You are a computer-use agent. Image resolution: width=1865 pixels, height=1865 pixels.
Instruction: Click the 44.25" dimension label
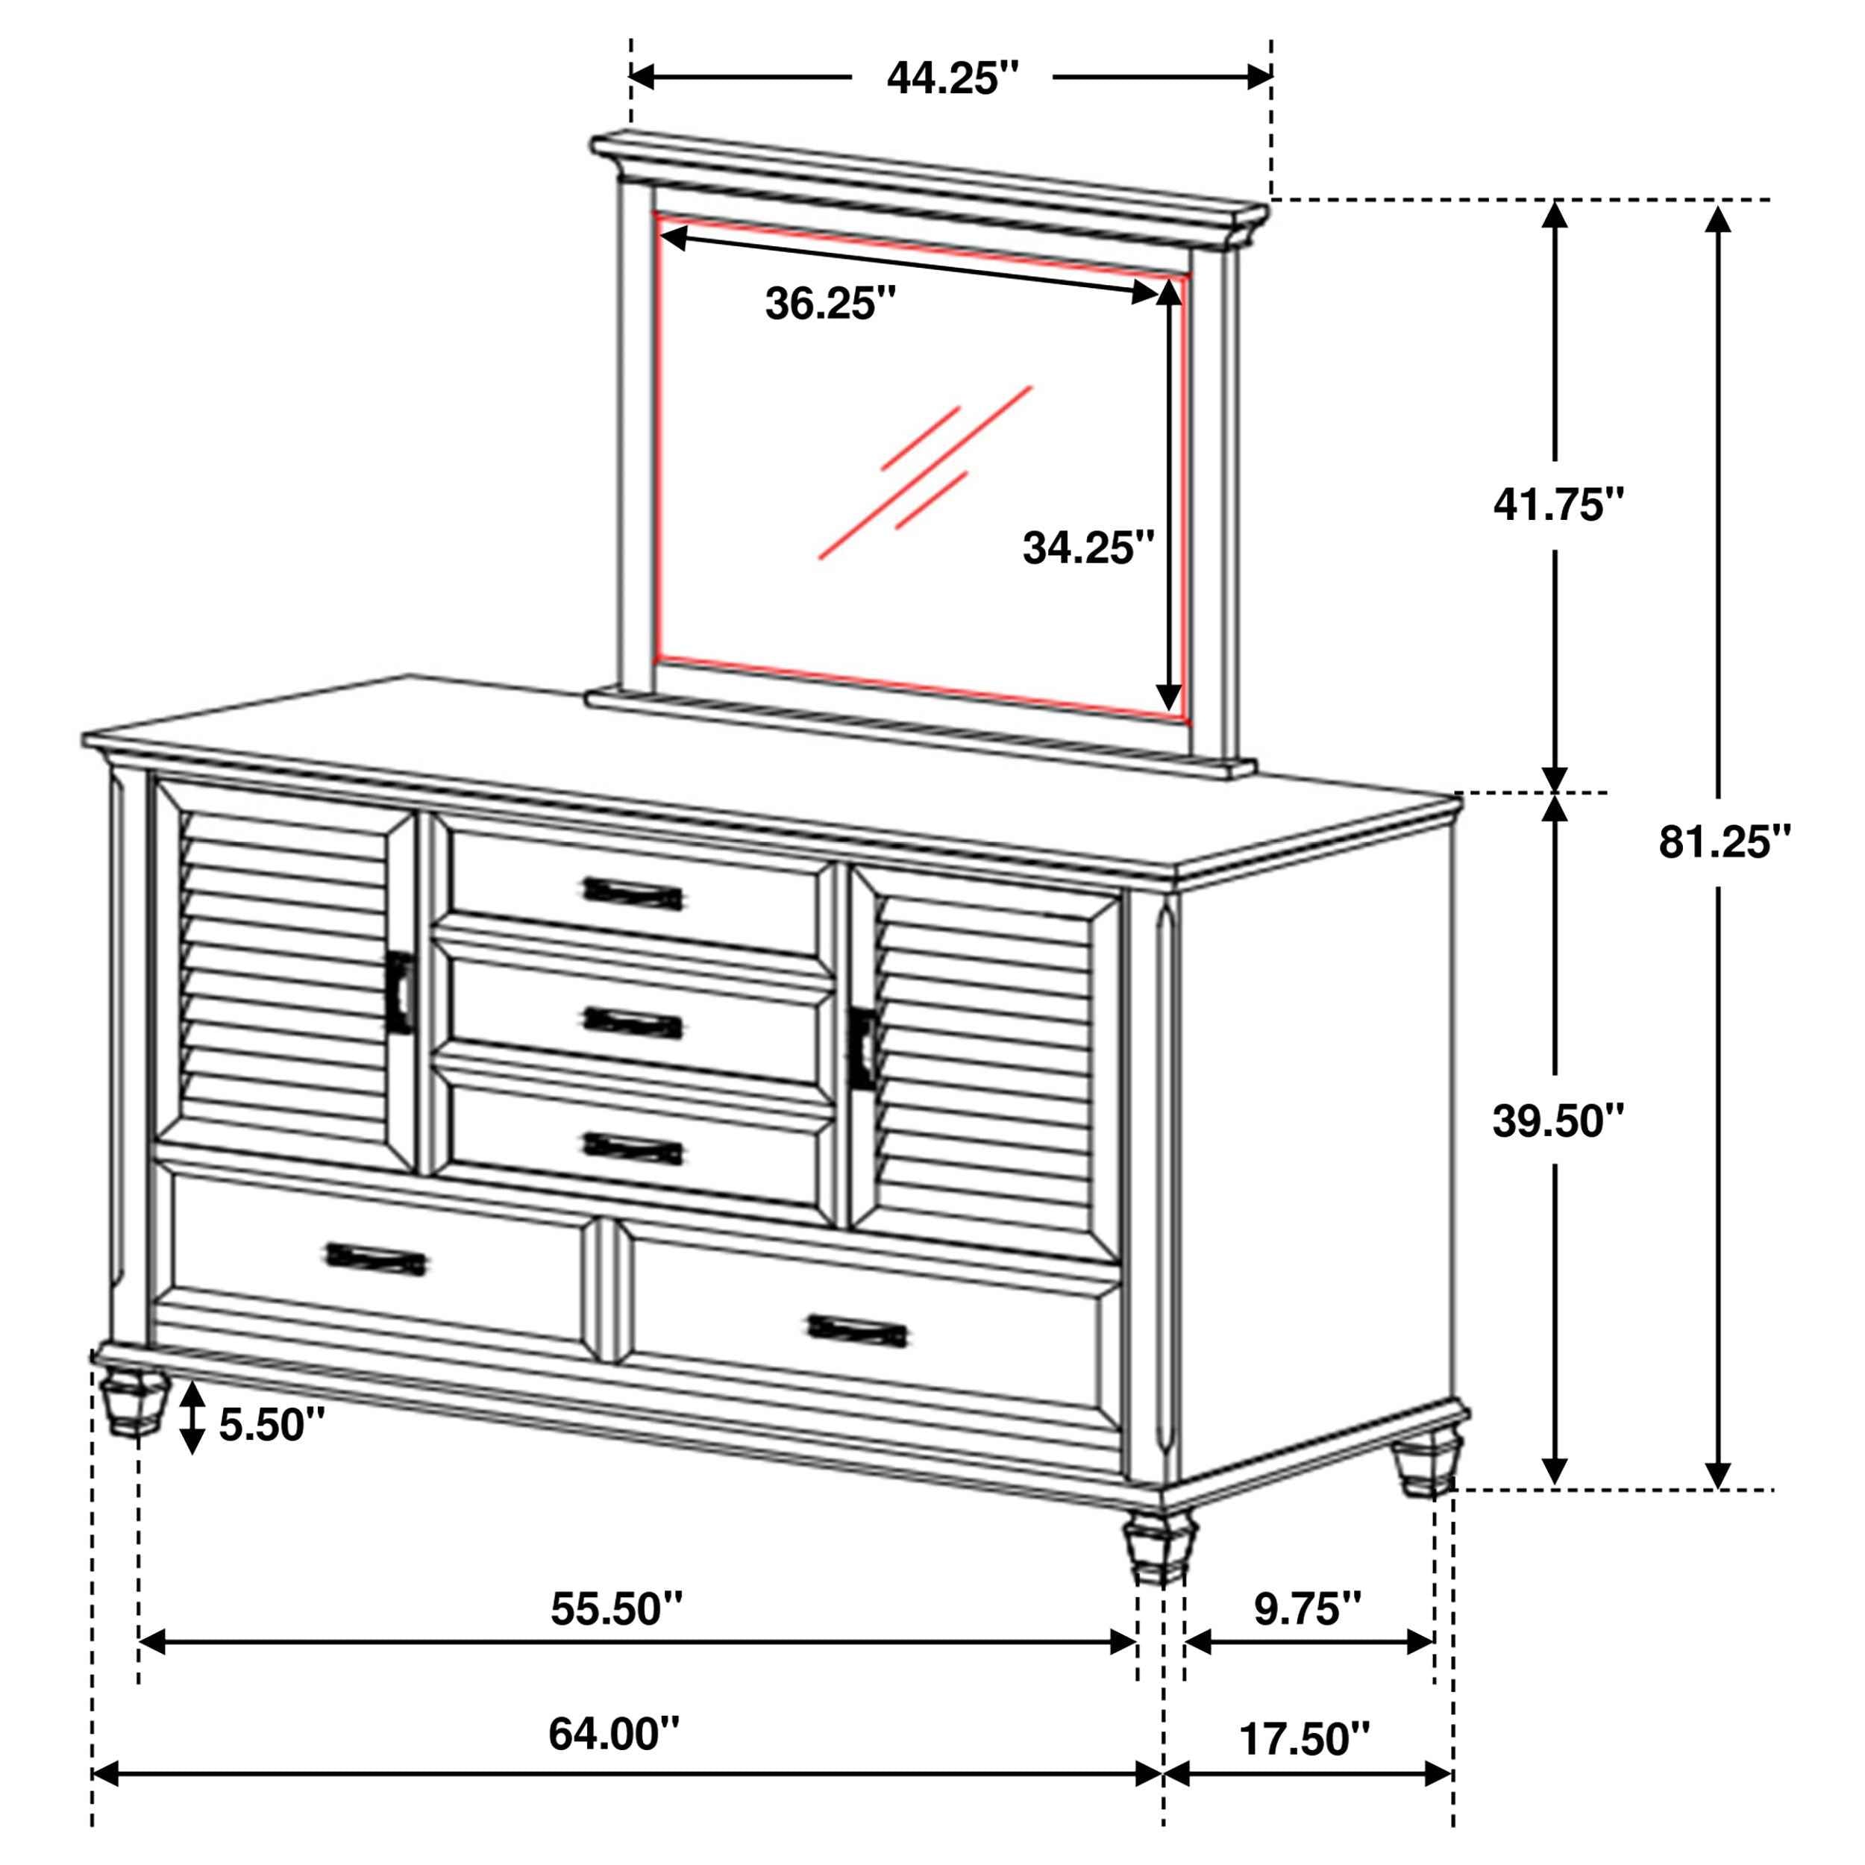coord(952,78)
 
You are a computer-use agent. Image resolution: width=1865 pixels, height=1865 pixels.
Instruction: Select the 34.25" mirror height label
coord(1088,548)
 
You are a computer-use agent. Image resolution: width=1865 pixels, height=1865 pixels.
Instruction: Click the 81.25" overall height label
coord(1724,841)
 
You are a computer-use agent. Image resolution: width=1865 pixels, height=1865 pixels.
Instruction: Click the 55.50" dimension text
coord(616,1608)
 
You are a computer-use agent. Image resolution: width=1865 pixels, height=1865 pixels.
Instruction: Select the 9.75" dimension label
coord(1307,1608)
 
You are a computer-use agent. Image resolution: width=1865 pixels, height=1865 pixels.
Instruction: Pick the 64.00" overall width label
coord(614,1734)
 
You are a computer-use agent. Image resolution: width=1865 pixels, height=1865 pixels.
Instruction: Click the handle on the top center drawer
coord(633,894)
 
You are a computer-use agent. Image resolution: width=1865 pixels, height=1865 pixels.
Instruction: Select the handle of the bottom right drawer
coord(856,1330)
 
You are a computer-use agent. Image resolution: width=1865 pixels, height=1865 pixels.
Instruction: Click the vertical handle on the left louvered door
coord(400,994)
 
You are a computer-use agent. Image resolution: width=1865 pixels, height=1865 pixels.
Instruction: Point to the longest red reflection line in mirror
coord(925,473)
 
